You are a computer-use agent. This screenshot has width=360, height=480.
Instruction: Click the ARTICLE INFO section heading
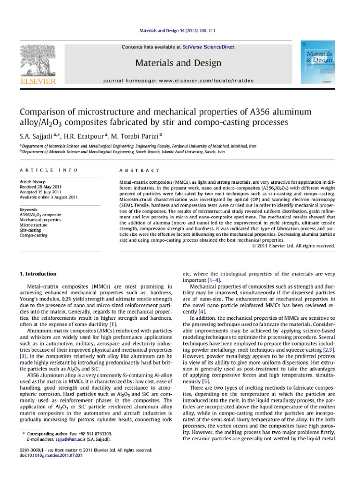point(38,170)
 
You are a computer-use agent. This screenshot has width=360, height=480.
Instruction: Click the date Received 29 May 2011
point(40,186)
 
